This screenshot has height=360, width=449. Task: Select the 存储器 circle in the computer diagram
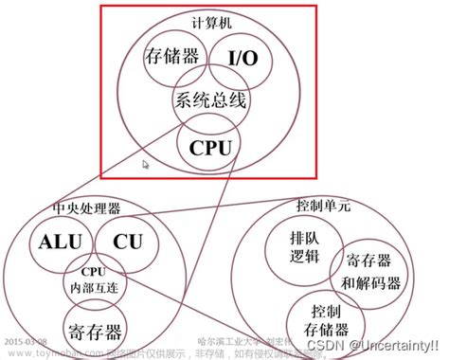[172, 57]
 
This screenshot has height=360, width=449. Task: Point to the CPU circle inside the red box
[208, 147]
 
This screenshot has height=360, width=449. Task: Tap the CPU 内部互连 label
[90, 280]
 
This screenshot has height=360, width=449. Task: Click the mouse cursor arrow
[145, 164]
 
